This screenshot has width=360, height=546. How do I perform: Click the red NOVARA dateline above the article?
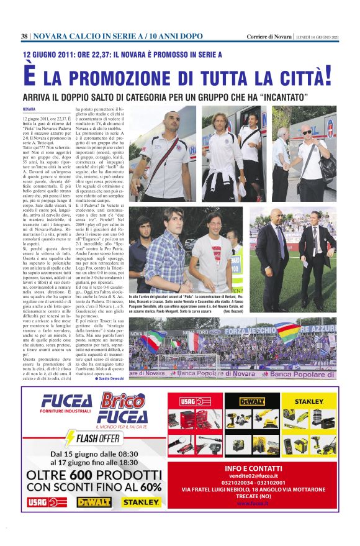[x=29, y=109]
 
